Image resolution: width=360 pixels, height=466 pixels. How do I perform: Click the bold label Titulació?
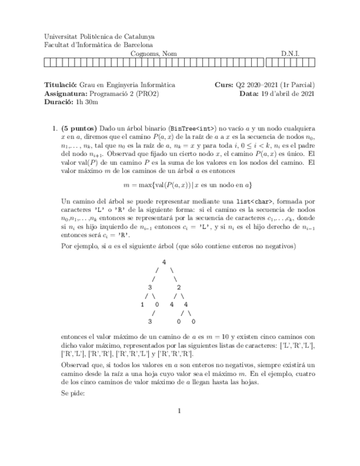pyautogui.click(x=61, y=85)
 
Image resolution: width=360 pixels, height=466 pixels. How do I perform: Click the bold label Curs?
pyautogui.click(x=224, y=85)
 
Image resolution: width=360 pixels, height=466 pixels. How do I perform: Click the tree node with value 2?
pyautogui.click(x=179, y=286)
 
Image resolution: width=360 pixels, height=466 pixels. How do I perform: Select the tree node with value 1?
pyautogui.click(x=142, y=303)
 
